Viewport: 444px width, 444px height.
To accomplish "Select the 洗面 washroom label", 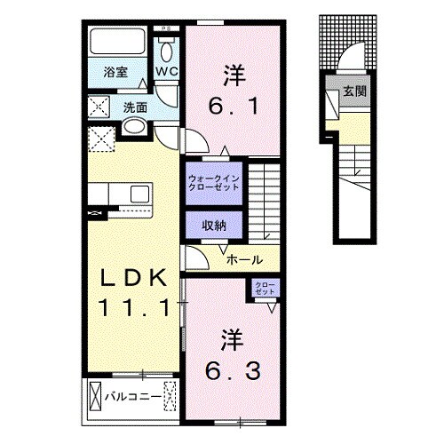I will coord(135,107).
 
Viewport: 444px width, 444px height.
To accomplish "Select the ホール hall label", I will coord(244,259).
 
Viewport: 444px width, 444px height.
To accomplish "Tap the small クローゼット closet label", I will coord(266,289).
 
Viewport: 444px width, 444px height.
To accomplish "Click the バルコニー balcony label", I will coord(133,396).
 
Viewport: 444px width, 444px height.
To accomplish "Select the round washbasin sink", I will coord(134,128).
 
